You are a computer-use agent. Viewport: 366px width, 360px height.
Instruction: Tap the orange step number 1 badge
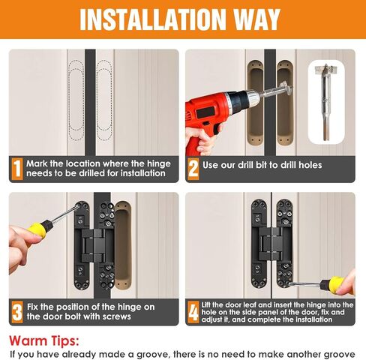point(17,169)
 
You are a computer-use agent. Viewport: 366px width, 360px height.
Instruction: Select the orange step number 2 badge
point(193,169)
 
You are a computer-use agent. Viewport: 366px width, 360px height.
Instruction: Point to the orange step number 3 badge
point(17,312)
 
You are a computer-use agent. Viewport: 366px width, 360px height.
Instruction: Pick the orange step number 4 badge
point(193,312)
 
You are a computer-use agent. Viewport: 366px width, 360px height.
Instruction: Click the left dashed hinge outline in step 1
point(76,100)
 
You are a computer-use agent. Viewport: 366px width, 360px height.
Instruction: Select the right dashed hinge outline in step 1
point(104,100)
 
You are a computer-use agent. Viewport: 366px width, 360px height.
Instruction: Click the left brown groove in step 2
point(256,103)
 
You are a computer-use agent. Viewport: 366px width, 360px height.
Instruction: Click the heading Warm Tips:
point(44,340)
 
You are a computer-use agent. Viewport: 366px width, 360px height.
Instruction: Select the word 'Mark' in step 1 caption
point(37,163)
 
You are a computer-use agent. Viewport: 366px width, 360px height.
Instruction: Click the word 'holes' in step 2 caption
point(310,165)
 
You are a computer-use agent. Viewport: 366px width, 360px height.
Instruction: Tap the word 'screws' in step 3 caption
point(117,316)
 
